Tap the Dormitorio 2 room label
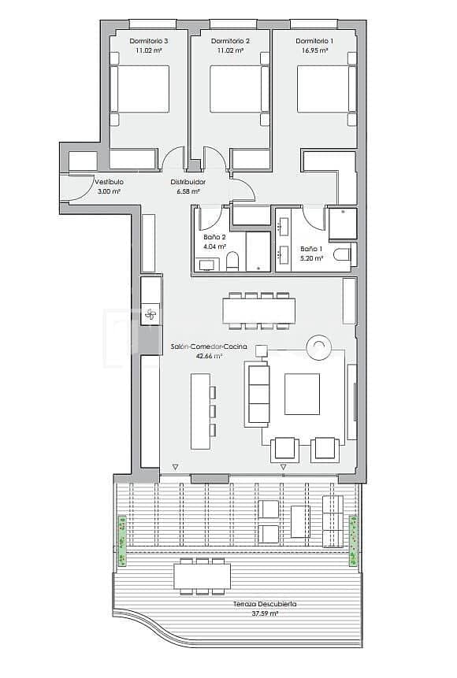tap(231, 40)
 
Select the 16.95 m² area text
tap(314, 50)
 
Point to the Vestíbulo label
tap(109, 182)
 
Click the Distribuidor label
tap(188, 182)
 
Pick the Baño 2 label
tap(214, 236)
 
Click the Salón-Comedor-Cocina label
tap(209, 346)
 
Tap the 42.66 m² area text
tap(209, 356)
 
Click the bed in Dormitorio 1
tap(323, 88)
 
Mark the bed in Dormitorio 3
tap(140, 88)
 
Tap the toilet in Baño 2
tap(232, 261)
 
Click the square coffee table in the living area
tap(302, 393)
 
